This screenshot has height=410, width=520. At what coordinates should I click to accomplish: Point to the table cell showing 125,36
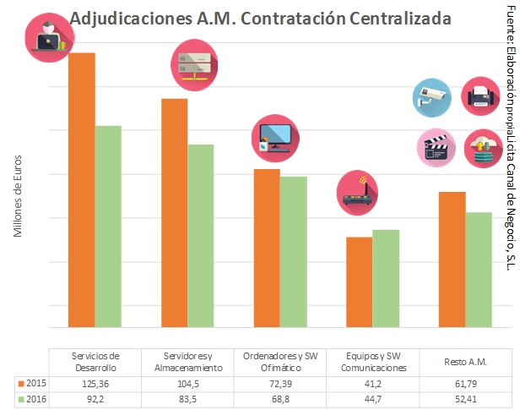[95, 384]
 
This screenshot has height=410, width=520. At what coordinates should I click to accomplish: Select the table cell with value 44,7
[373, 399]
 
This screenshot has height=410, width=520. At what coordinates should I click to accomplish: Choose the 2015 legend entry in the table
[31, 384]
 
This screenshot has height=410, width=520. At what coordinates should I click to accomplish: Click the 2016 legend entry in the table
[31, 399]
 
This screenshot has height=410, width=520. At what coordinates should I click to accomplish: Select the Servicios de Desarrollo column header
[95, 362]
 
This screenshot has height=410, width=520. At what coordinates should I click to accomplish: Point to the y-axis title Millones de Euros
[18, 196]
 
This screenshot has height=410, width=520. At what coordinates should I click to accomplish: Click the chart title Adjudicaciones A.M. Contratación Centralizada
[260, 18]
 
